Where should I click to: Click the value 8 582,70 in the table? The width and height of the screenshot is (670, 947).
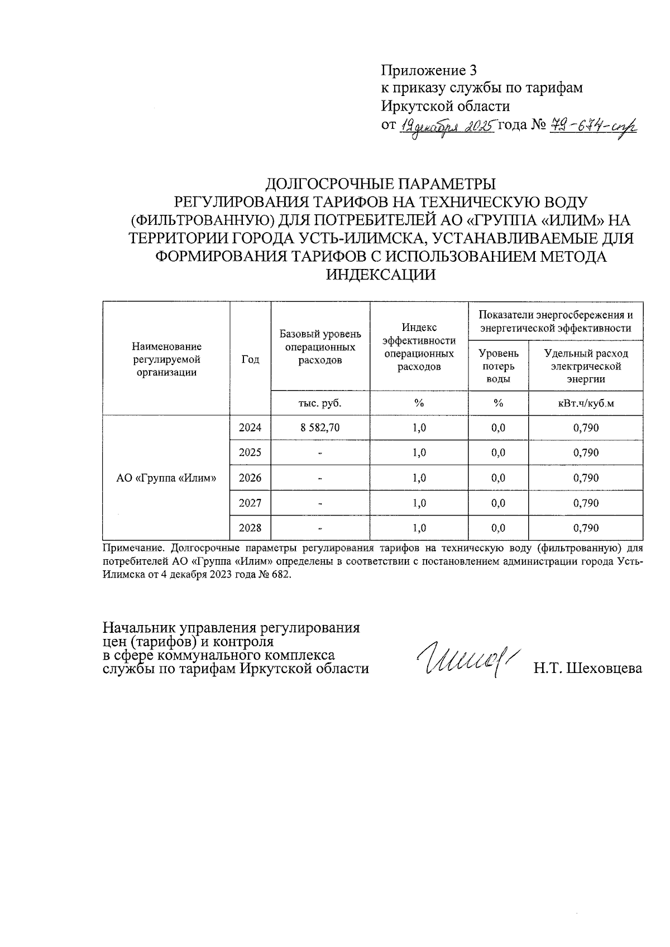click(320, 427)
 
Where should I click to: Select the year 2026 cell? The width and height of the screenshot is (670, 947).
click(250, 478)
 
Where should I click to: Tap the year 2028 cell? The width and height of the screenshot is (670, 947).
click(250, 528)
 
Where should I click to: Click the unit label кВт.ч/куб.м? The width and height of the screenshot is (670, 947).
click(586, 403)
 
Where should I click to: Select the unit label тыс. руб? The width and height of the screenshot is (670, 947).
click(320, 403)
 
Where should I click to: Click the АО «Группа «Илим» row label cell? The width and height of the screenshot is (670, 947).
click(166, 478)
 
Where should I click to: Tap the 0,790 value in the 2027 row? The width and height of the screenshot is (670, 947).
click(586, 503)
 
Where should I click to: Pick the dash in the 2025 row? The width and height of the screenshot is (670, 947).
click(320, 453)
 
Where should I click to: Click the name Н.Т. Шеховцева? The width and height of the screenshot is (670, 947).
click(587, 669)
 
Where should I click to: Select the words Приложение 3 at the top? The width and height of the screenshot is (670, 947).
click(429, 70)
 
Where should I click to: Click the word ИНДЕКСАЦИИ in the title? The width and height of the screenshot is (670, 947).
click(380, 275)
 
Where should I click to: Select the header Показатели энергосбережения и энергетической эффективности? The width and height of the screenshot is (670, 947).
click(556, 321)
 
